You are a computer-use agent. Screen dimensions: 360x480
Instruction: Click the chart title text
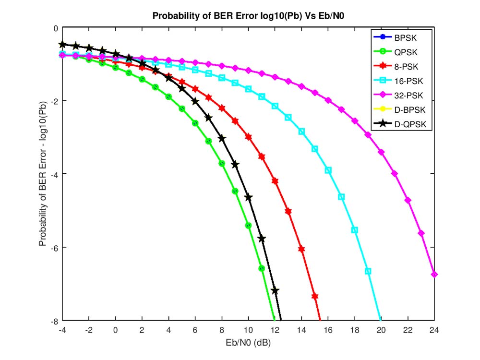248,15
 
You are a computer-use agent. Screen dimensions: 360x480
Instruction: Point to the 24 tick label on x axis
434,330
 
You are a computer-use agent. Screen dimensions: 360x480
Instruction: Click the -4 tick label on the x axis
62,330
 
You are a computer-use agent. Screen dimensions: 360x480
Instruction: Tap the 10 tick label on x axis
248,330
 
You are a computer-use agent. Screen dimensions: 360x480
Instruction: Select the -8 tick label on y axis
53,321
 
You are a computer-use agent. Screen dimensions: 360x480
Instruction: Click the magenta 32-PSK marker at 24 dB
434,274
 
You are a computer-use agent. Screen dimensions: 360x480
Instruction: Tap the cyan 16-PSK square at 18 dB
355,230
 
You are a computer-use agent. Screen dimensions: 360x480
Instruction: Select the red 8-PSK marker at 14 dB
301,249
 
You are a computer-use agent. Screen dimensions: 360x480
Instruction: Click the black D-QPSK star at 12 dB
275,290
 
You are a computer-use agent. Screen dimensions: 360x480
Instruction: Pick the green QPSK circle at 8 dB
222,163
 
